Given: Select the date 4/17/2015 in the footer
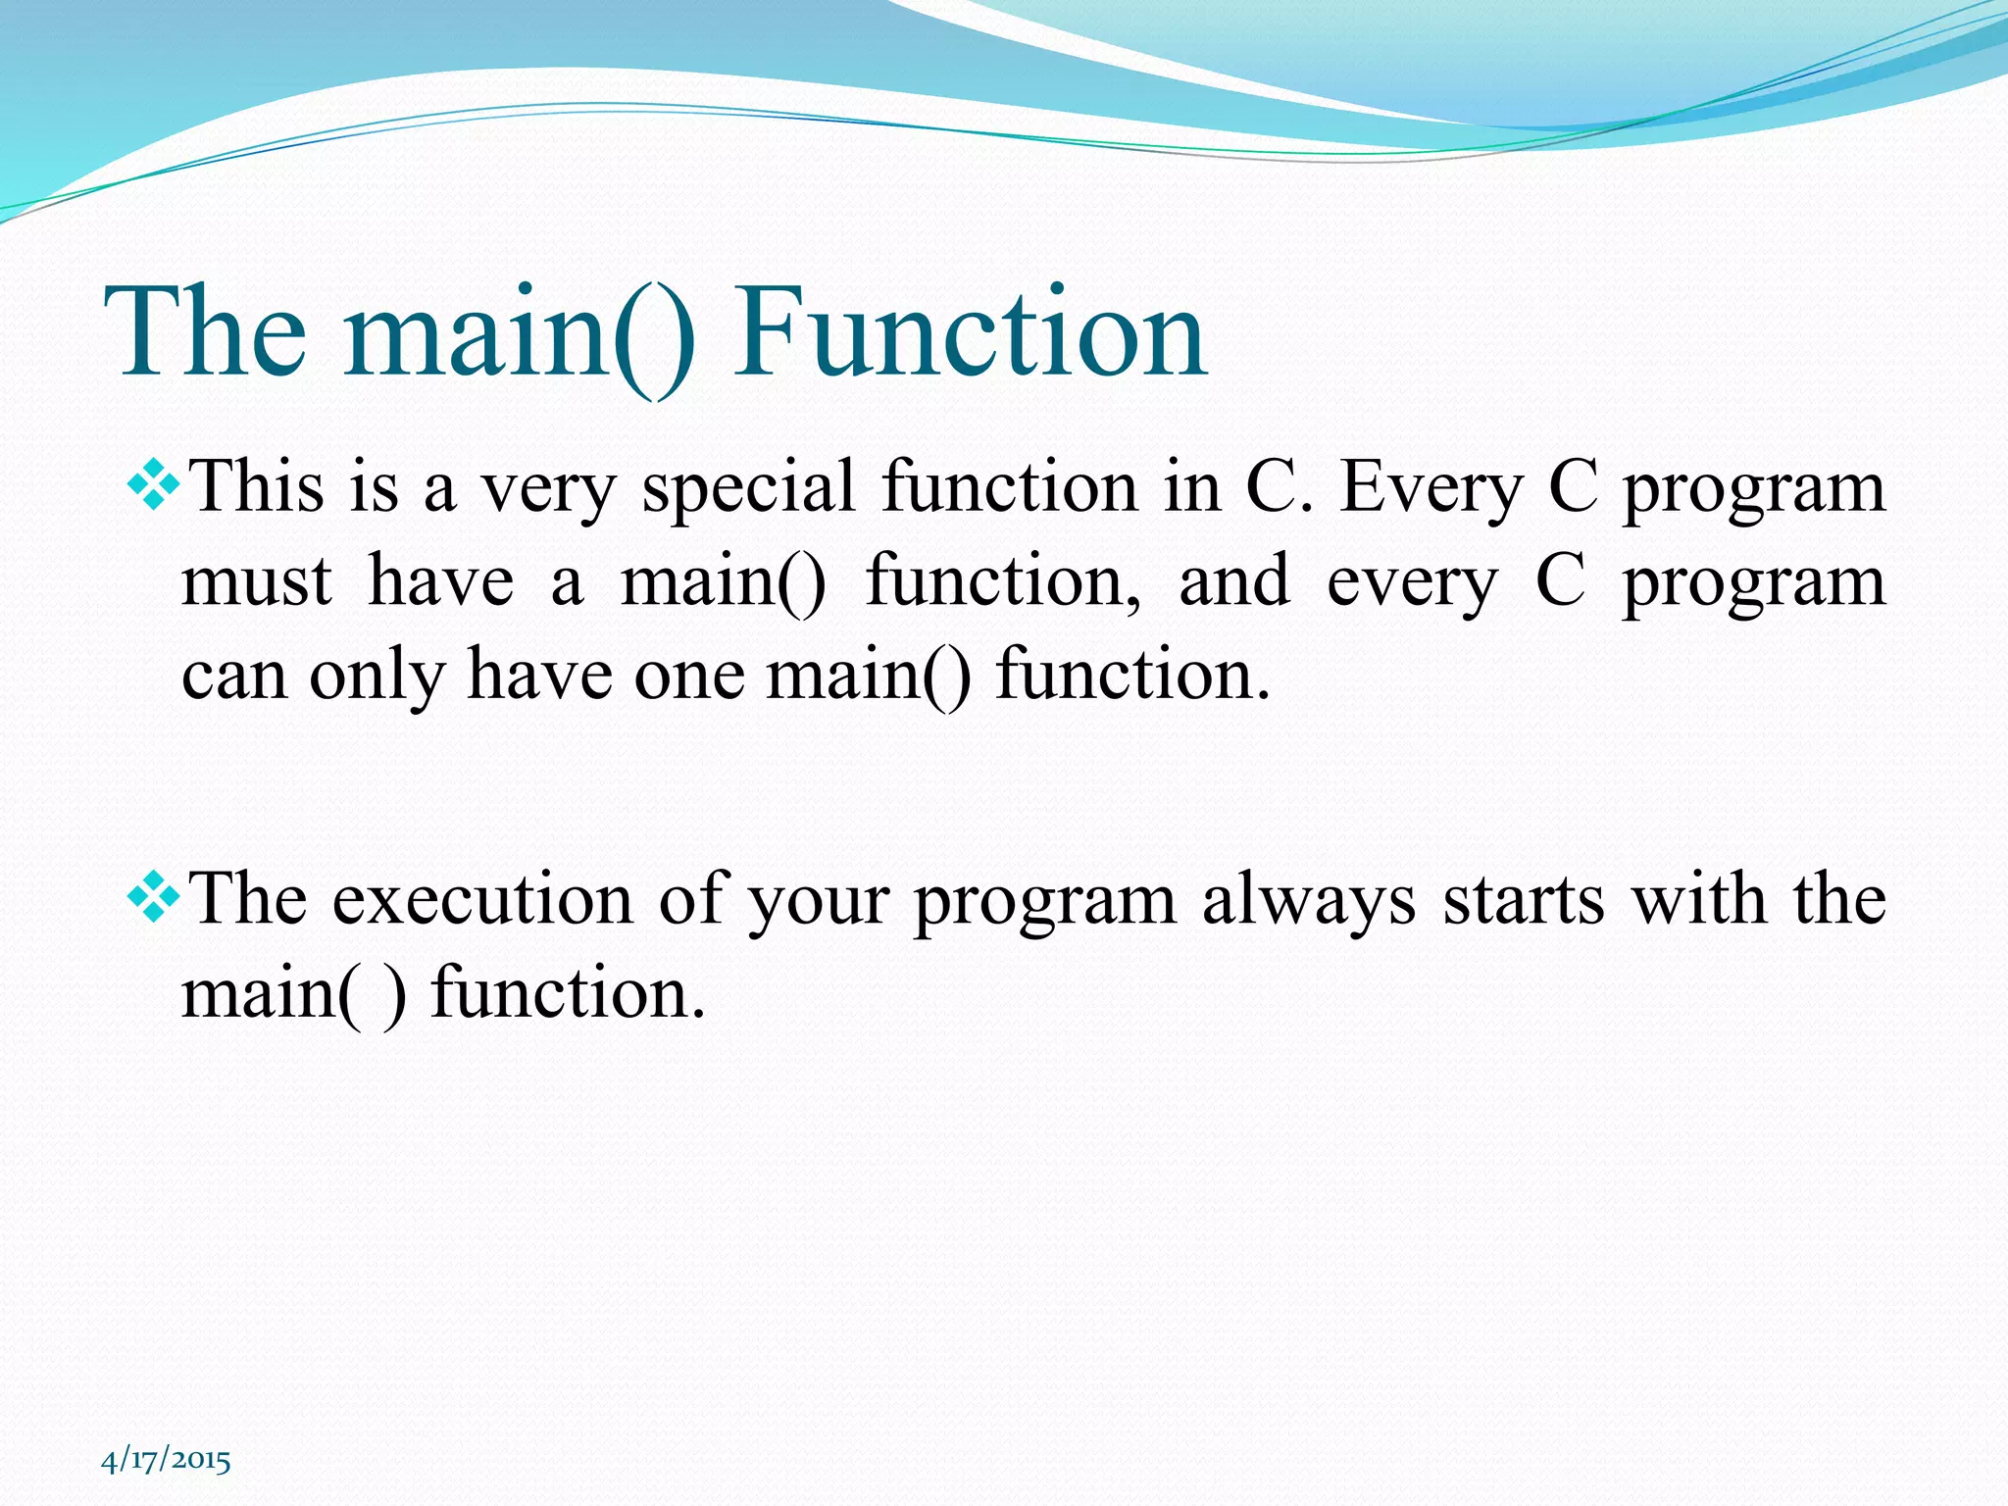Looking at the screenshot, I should coord(166,1460).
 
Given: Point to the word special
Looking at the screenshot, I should coord(748,488).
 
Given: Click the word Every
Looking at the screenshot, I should coord(1431,488).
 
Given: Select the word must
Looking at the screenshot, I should coord(257,581).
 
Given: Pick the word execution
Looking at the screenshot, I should coord(482,900).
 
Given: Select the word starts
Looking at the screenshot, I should coord(1523,900).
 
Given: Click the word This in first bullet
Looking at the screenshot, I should coord(256,486).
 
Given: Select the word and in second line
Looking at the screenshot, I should coord(1233,581).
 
